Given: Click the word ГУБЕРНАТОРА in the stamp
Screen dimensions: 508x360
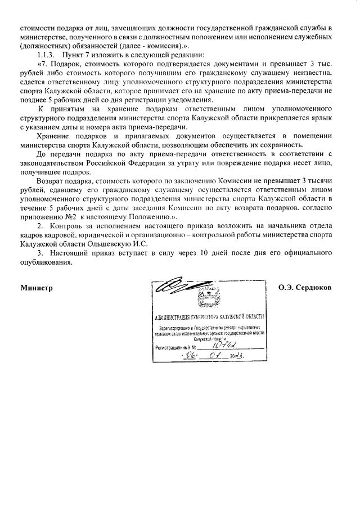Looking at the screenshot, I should point(211,318).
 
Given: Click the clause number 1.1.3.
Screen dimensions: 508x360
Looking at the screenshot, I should point(47,55).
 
